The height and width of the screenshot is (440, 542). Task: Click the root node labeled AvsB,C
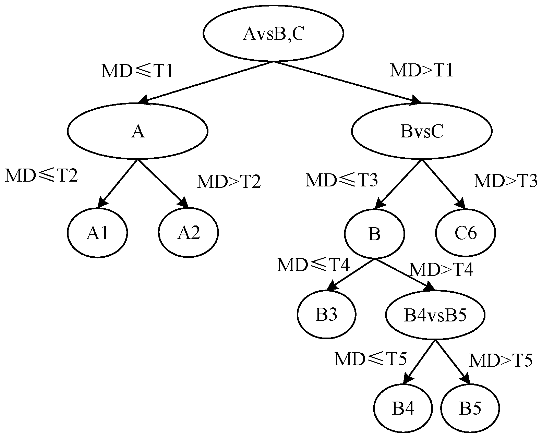273,34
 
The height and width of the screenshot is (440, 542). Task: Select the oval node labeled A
137,131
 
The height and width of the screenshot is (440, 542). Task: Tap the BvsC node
422,131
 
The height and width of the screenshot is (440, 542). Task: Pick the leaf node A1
97,233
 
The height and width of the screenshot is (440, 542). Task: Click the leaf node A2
188,233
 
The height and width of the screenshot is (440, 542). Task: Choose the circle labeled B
374,234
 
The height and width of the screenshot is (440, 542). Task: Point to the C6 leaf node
466,233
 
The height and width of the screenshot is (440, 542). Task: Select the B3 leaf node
326,315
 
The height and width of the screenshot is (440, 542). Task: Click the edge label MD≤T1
137,72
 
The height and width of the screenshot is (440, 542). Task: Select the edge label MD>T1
422,70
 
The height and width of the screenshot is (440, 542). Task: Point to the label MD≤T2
41,176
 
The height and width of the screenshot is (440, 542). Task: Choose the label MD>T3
505,181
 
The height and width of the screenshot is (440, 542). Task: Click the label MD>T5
501,360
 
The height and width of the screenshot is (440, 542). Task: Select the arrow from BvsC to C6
444,184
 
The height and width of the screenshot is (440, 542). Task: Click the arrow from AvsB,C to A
206,82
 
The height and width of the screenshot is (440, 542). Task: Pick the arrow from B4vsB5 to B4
420,362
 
